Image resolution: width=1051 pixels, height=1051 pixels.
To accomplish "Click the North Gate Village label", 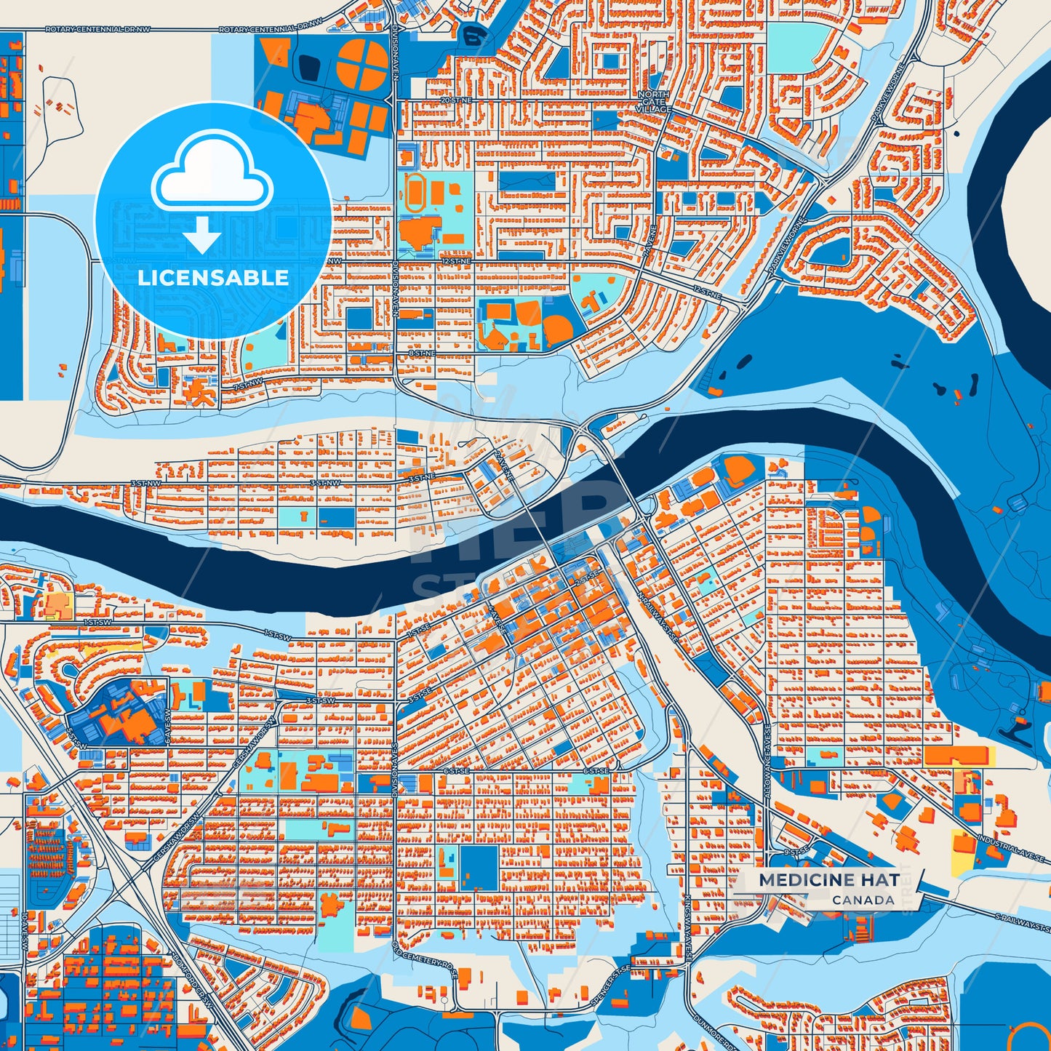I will (x=653, y=102).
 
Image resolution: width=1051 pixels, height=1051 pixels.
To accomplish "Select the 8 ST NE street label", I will (x=421, y=353).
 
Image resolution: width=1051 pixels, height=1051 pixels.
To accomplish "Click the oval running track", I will (x=416, y=193).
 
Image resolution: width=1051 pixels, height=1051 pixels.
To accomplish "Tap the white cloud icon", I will (x=212, y=172).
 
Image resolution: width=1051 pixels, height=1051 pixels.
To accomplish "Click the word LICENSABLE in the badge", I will (x=213, y=278).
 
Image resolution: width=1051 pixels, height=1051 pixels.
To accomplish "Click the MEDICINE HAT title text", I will (x=829, y=879).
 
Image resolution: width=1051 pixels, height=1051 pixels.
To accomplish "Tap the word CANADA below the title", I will (x=863, y=900).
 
